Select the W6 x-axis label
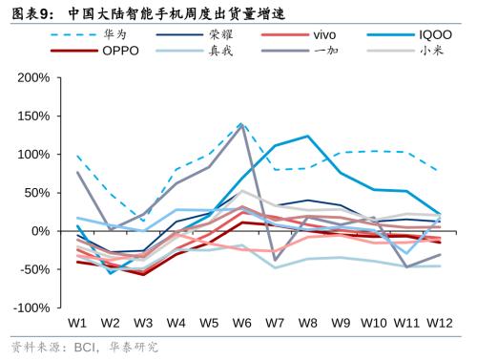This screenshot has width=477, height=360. coord(242,323)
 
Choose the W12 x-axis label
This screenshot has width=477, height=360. coord(439,323)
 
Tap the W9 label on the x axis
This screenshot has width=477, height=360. coord(341,323)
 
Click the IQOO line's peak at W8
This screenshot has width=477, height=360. coord(308,136)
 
